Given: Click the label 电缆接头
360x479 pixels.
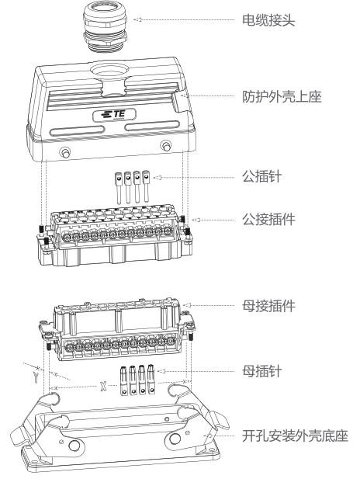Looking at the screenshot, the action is coord(268,20).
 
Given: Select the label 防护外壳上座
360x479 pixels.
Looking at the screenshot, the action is coord(282,96).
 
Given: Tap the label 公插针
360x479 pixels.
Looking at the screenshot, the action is coord(261,177).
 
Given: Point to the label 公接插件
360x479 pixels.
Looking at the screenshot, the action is coord(268,220).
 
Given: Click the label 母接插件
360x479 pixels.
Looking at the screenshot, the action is coord(268,306).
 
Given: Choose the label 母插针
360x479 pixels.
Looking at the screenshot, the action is coord(261,371).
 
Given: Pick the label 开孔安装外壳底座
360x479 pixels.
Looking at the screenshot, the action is coord(295,436).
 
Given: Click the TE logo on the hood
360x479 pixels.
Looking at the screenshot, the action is coord(114,115).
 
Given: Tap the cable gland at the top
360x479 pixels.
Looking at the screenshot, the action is coord(105,26).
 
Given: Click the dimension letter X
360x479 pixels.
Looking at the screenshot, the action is coord(103,386).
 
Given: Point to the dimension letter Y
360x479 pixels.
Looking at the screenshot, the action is coord(36,377).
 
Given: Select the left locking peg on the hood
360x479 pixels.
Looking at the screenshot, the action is coord(66,152).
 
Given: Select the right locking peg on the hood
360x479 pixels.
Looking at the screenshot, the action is coord(166,146).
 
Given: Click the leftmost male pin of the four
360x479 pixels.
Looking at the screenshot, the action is coord(119,188).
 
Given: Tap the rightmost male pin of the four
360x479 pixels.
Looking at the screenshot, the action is coord(146,186).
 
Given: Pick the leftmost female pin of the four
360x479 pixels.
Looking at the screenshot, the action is coord(123,380).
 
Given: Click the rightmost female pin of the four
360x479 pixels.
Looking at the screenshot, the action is coord(151,379).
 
